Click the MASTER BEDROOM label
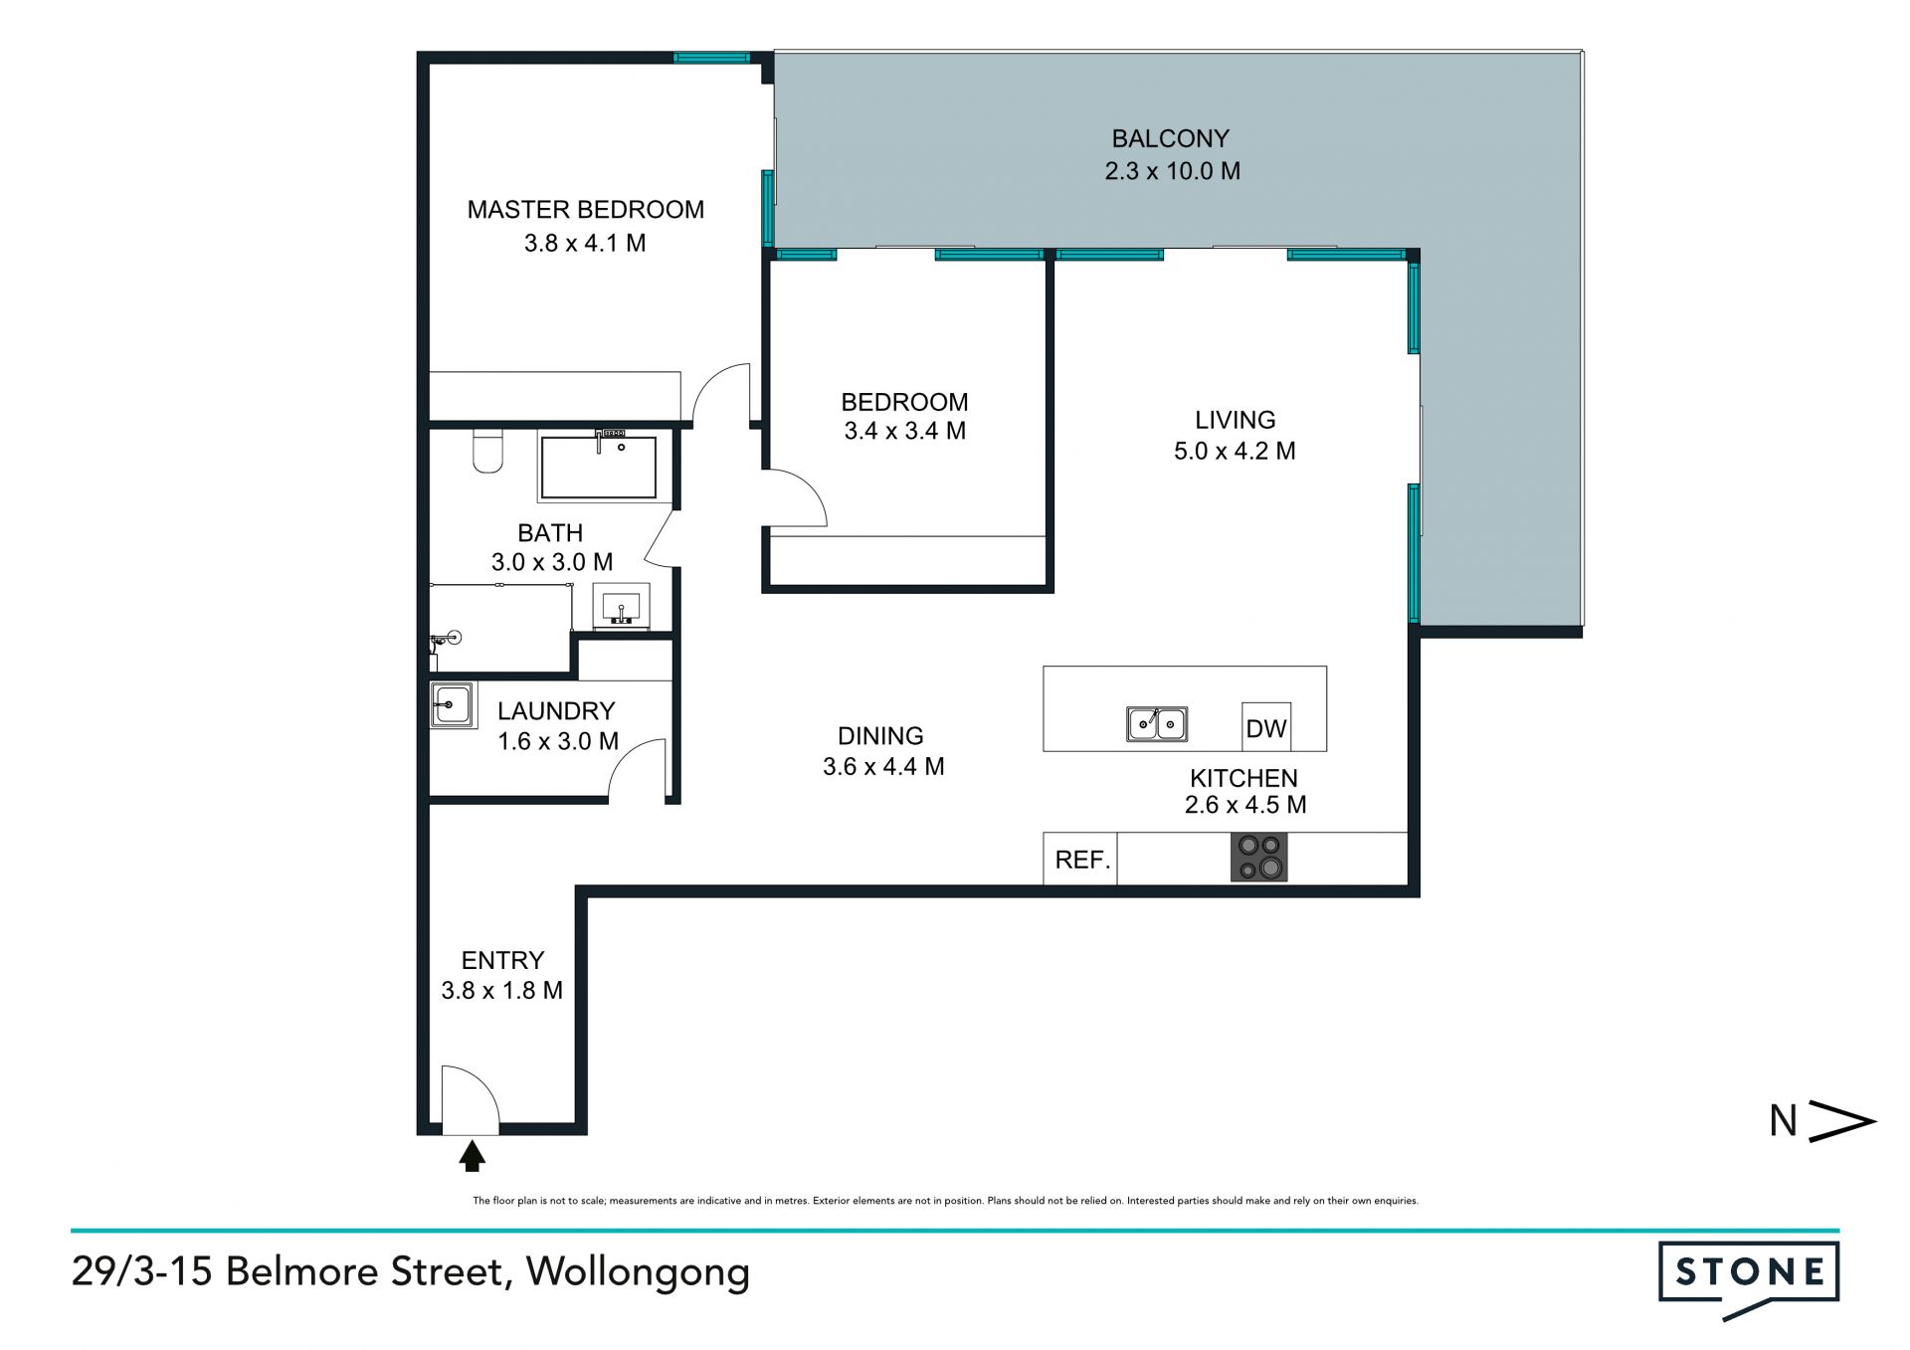click(x=585, y=210)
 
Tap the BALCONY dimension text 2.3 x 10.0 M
click(x=1172, y=171)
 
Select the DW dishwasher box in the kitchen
click(x=1266, y=727)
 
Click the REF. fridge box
click(x=1080, y=859)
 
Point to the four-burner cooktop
click(x=1259, y=858)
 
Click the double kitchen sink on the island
click(x=1157, y=723)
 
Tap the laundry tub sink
click(x=452, y=705)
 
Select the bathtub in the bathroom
click(x=598, y=466)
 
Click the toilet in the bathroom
click(x=487, y=451)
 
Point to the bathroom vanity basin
click(x=622, y=606)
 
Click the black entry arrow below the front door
click(x=472, y=1156)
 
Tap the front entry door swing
click(x=471, y=1099)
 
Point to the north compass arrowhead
click(x=1841, y=1121)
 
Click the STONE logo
click(x=1748, y=1279)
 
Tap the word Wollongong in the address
click(x=638, y=1272)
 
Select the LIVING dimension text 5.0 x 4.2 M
click(x=1235, y=452)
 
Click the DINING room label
click(x=880, y=736)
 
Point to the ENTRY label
click(x=502, y=961)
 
